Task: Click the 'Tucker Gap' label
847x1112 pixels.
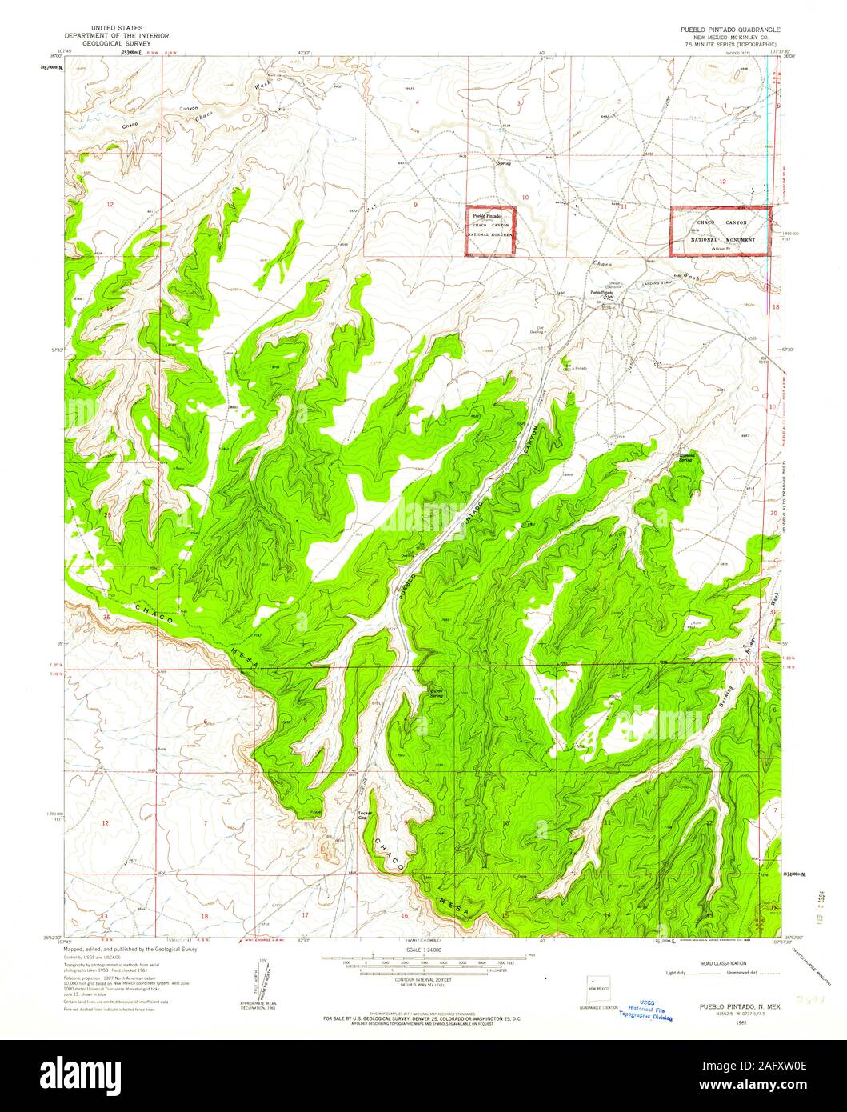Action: click(362, 816)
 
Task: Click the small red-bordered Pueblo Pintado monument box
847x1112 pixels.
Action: click(491, 231)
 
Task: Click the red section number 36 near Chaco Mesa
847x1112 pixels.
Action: click(107, 617)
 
